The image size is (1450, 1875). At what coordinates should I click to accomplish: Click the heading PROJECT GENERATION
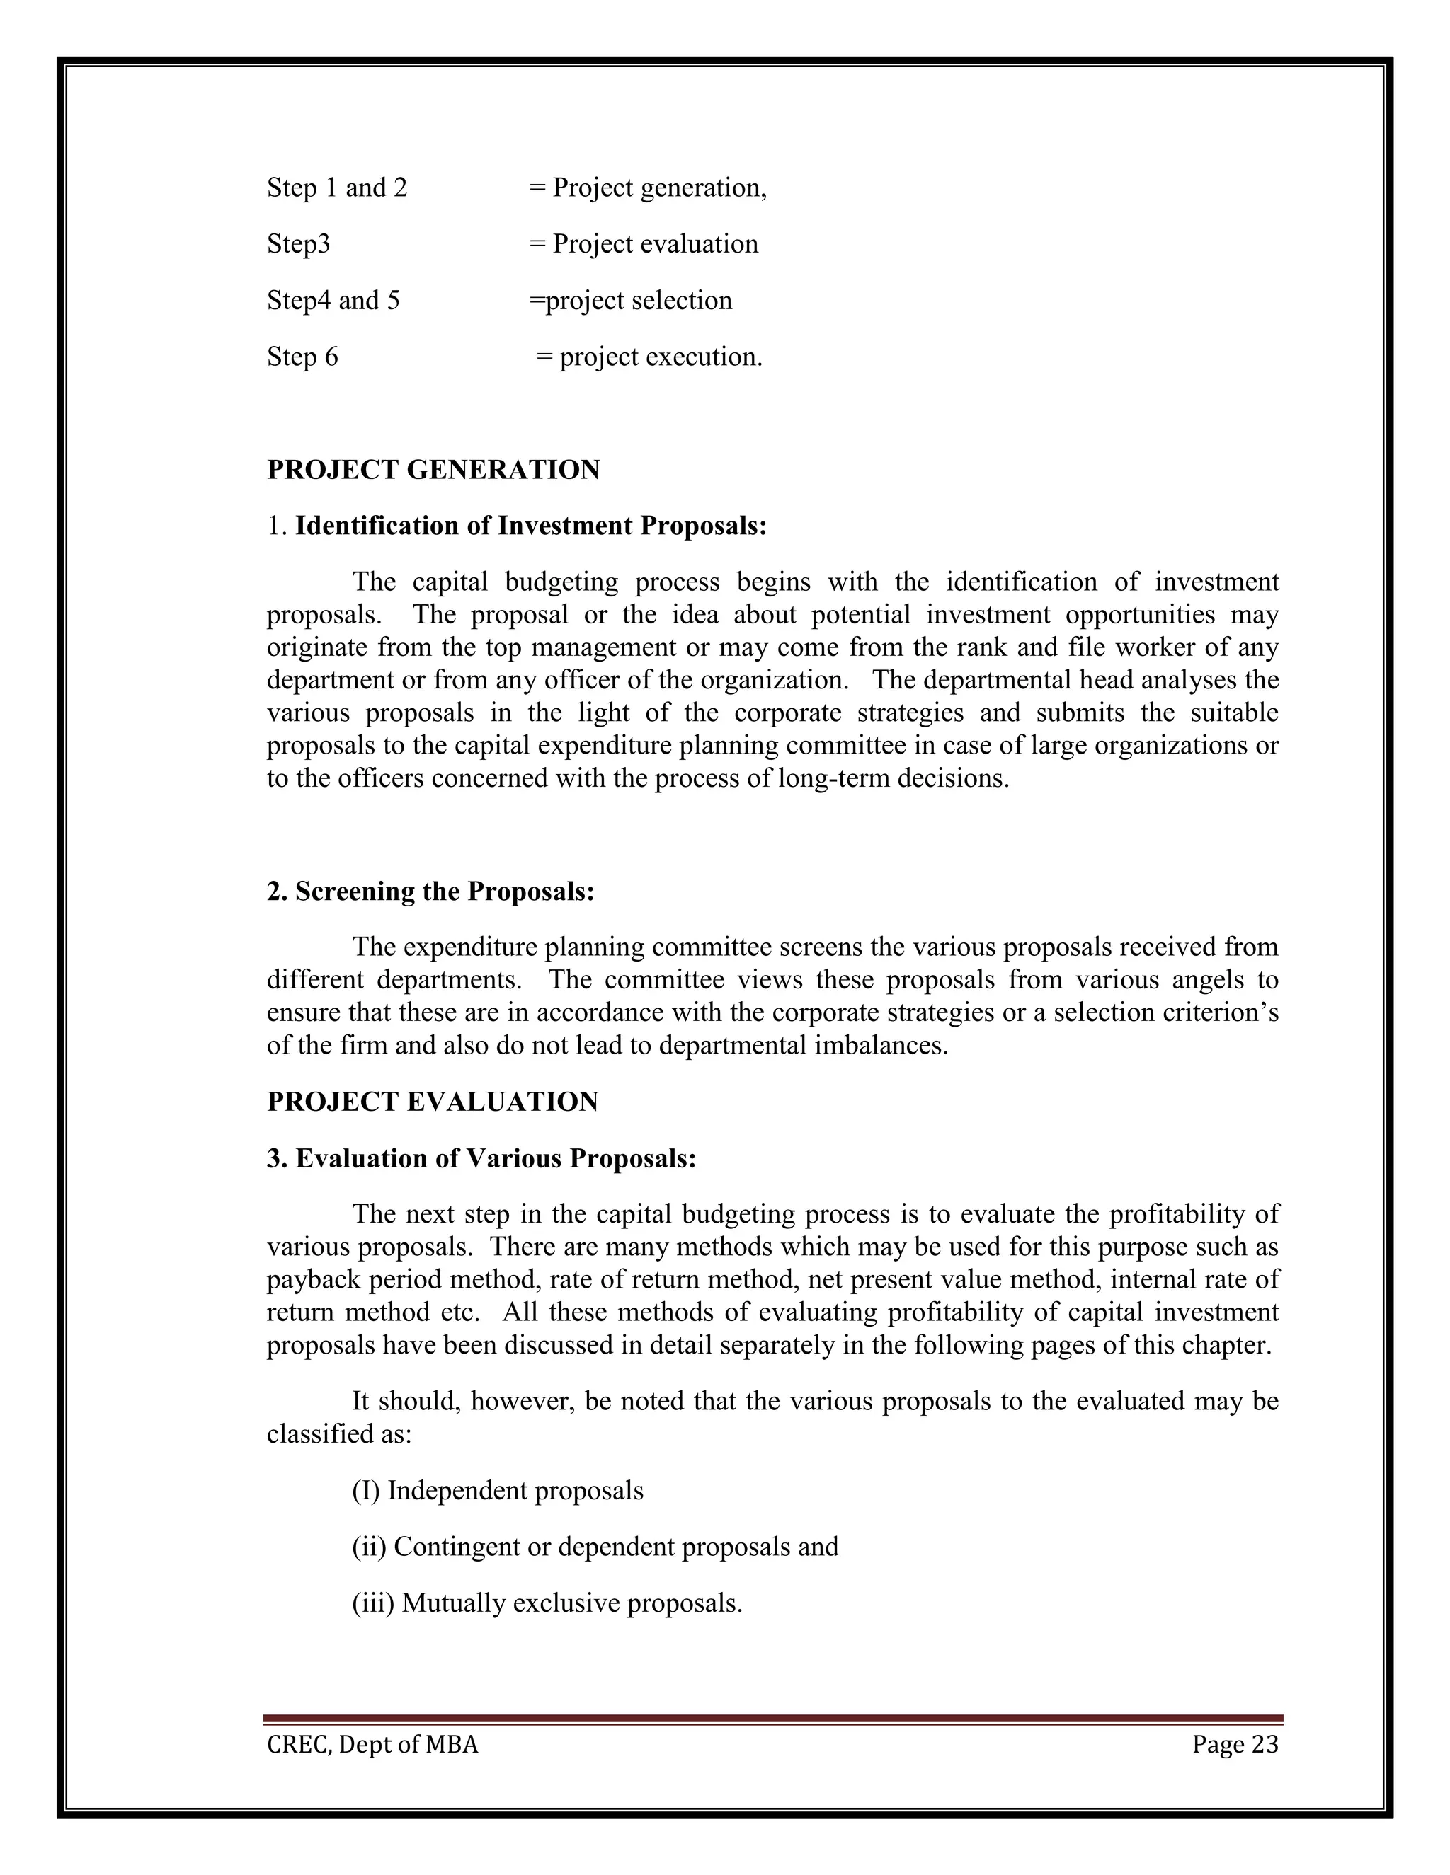(x=433, y=470)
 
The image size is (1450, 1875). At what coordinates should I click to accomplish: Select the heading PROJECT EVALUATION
(x=432, y=1102)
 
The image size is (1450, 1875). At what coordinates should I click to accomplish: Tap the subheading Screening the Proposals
(x=430, y=891)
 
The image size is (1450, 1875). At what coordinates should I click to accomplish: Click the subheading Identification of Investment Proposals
(x=516, y=526)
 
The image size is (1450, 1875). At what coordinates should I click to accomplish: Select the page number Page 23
(x=1234, y=1745)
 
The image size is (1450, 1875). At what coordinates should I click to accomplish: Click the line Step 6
(x=302, y=357)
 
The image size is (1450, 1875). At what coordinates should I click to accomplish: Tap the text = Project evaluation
(x=644, y=244)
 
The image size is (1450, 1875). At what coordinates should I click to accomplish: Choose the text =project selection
(x=631, y=301)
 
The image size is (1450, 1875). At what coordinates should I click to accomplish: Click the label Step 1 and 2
(x=337, y=187)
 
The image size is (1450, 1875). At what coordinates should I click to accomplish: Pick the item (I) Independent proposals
(x=497, y=1490)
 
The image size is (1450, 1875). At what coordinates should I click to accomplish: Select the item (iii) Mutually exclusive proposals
(x=547, y=1603)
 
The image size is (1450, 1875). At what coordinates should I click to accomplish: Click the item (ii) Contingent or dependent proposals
(x=595, y=1547)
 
